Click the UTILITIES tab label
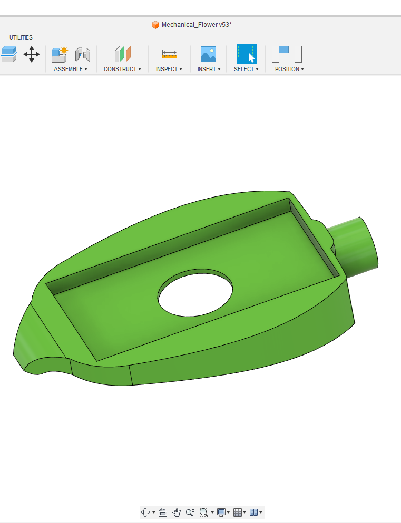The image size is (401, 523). [x=21, y=37]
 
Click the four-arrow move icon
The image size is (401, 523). [x=32, y=54]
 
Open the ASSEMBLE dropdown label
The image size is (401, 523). [x=71, y=69]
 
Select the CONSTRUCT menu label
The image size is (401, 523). [x=122, y=69]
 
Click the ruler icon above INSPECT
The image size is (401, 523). [x=170, y=54]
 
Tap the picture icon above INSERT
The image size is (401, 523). [x=208, y=54]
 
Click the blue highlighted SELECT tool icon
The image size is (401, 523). [x=247, y=54]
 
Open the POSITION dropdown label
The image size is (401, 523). [x=289, y=69]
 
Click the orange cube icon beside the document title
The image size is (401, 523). [x=155, y=25]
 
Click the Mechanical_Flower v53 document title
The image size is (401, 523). [x=197, y=25]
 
